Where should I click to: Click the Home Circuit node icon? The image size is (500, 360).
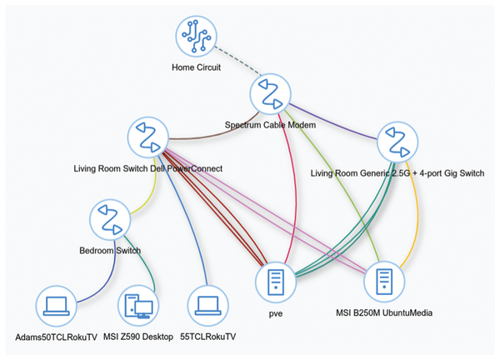pyautogui.click(x=196, y=36)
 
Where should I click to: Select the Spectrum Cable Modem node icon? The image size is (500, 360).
pyautogui.click(x=270, y=94)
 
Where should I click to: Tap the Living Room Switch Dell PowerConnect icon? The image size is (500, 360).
pyautogui.click(x=148, y=137)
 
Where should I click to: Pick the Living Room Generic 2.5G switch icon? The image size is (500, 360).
pyautogui.click(x=397, y=142)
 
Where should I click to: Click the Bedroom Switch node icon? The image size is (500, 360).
pyautogui.click(x=110, y=220)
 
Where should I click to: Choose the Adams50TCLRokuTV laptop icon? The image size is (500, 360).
pyautogui.click(x=56, y=306)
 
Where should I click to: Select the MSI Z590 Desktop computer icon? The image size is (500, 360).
pyautogui.click(x=138, y=306)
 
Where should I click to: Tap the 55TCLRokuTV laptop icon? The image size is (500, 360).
pyautogui.click(x=207, y=306)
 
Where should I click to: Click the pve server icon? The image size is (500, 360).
pyautogui.click(x=276, y=282)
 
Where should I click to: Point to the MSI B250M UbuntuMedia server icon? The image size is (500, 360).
pyautogui.click(x=384, y=282)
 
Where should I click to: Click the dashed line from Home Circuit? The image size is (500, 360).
pyautogui.click(x=237, y=61)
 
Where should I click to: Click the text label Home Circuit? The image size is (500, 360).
pyautogui.click(x=196, y=67)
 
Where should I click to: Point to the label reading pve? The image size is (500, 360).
pyautogui.click(x=276, y=314)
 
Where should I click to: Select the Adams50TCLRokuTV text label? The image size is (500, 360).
pyautogui.click(x=56, y=337)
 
